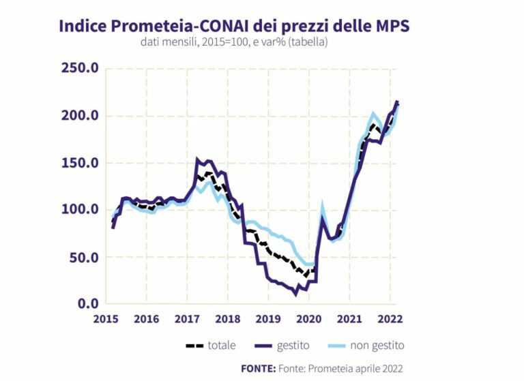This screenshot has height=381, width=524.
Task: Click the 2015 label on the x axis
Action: (x=106, y=319)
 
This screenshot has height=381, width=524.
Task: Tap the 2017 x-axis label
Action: (x=187, y=319)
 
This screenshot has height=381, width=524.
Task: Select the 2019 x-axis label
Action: (x=268, y=319)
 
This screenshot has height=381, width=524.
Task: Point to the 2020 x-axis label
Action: (x=308, y=319)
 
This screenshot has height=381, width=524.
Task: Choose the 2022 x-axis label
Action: (x=390, y=319)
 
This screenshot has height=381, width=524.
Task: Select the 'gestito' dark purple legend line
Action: (x=261, y=346)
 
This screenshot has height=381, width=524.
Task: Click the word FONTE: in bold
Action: (x=257, y=369)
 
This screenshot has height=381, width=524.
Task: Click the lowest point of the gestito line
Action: (x=295, y=294)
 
